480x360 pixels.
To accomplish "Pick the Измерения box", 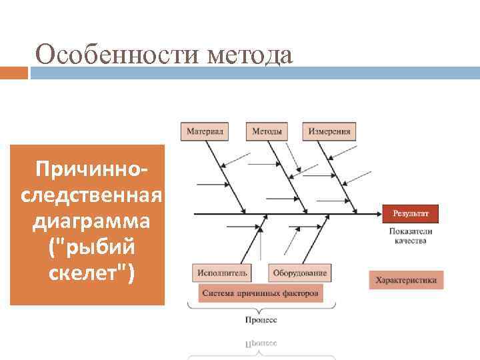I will pos(329,131).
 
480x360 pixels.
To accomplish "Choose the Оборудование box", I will pos(299,273).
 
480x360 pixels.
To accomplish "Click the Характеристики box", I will pos(405,280).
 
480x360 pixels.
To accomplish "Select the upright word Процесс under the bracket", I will pos(261,320).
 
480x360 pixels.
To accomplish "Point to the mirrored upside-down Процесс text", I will pos(261,343).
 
